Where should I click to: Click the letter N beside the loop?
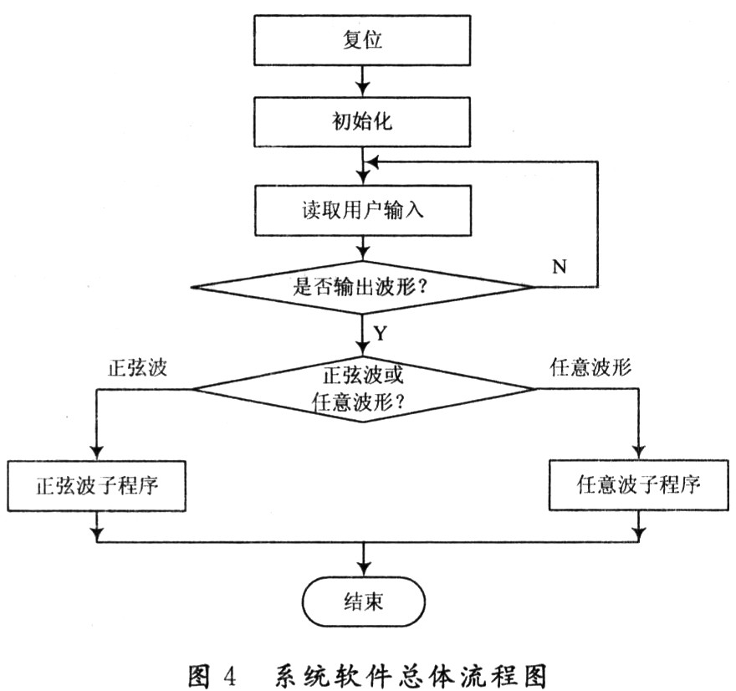coord(559,267)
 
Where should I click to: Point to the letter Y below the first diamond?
coord(381,333)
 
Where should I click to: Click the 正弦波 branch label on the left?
coord(137,367)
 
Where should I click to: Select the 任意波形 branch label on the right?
coord(590,367)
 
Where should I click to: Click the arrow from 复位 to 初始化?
coord(362,81)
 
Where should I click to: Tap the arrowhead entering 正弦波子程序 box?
coord(97,453)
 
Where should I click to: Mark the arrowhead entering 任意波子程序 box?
coord(639,452)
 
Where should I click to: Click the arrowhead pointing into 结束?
coord(364,569)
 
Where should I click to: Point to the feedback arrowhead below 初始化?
coord(373,162)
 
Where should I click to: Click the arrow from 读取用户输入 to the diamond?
coord(362,248)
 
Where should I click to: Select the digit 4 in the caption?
coord(230,677)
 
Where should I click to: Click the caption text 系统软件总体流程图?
coord(411,676)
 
